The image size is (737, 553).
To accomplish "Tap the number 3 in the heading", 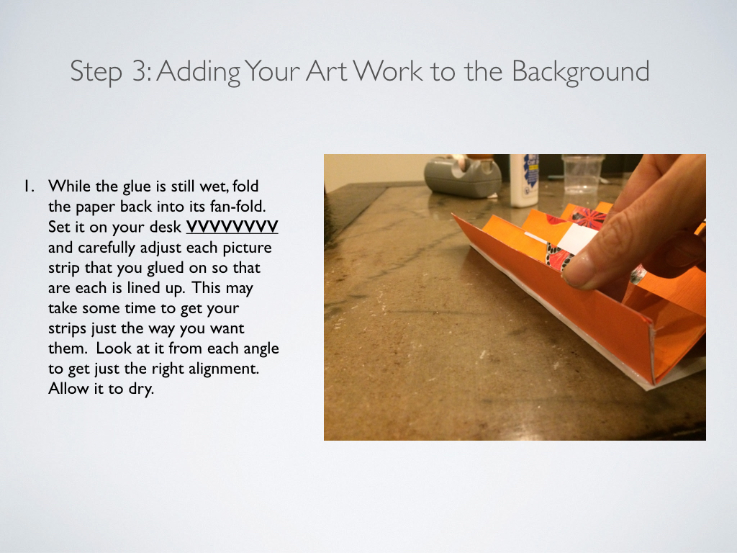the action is point(140,71).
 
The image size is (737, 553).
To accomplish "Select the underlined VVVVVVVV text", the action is point(232,227).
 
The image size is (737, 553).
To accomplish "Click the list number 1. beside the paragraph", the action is point(30,186).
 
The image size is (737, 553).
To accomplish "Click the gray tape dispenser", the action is point(463,177).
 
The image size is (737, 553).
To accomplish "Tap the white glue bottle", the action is point(524,181).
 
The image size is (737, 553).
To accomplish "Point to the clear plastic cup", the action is point(582,174).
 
